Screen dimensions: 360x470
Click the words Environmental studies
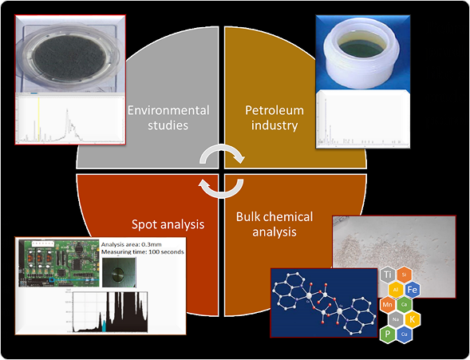click(168, 118)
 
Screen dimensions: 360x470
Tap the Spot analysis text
click(168, 224)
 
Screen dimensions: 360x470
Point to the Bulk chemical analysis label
click(274, 224)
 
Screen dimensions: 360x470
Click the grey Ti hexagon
click(389, 275)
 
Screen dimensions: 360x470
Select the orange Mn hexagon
click(389, 305)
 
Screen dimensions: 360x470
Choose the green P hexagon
click(389, 334)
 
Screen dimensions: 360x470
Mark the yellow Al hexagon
click(395, 290)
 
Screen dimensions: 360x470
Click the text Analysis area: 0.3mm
click(136, 245)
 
